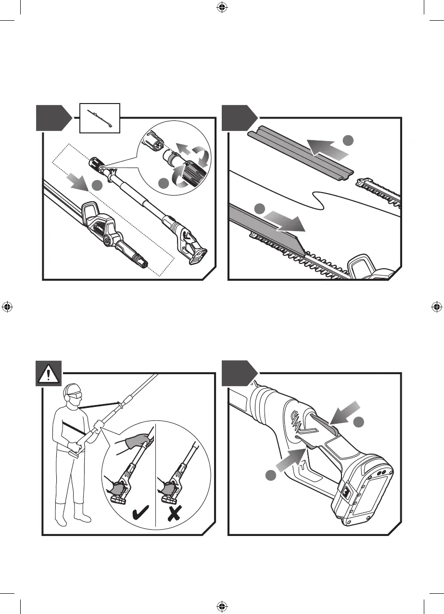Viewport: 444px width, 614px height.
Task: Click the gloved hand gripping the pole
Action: point(137,441)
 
